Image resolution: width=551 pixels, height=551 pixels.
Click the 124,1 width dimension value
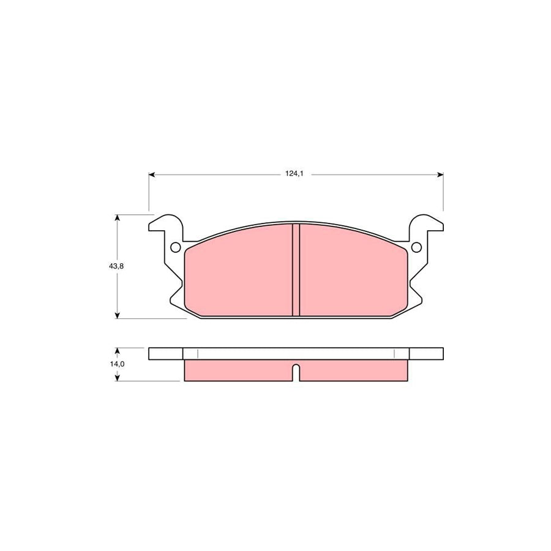point(294,174)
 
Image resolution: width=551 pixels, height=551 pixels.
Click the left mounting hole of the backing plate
point(174,247)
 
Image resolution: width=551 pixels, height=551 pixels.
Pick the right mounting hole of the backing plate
point(417,247)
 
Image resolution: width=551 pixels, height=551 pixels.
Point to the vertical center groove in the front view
point(296,269)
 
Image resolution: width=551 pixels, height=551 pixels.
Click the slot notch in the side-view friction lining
point(296,372)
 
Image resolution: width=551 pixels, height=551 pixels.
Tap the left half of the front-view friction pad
point(239,272)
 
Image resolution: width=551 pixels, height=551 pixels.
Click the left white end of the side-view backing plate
point(166,354)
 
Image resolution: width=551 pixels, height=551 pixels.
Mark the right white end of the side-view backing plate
point(426,354)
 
